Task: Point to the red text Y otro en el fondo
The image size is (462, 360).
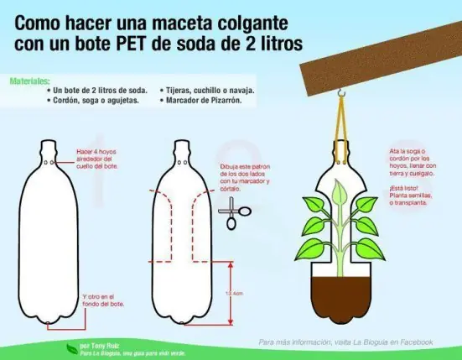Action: (x=101, y=300)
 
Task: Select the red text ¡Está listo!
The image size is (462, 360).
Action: (x=403, y=190)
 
